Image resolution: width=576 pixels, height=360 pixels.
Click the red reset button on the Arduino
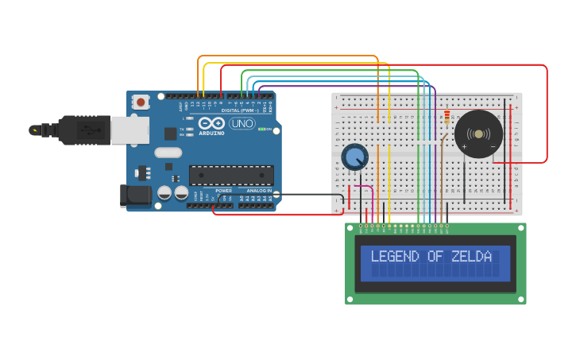[x=141, y=101]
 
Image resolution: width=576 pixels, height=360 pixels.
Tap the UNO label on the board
[x=242, y=123]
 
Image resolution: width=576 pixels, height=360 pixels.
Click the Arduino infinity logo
[x=211, y=123]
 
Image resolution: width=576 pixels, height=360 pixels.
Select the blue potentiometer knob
[x=354, y=157]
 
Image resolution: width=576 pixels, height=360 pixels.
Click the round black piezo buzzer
[x=478, y=134]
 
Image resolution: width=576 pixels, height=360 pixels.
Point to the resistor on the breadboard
[x=447, y=117]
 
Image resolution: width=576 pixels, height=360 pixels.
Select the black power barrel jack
[x=135, y=195]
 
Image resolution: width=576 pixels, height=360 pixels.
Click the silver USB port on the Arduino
[x=130, y=130]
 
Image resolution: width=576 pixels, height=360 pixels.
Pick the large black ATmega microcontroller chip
[x=231, y=175]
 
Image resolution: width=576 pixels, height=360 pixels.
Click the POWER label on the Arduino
[x=224, y=191]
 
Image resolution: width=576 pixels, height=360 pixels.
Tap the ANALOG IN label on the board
[x=259, y=191]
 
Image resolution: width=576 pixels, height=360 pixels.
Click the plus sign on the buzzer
[x=464, y=146]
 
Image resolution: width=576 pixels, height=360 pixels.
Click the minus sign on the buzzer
[x=493, y=146]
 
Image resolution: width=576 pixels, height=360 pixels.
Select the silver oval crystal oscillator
[x=168, y=153]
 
